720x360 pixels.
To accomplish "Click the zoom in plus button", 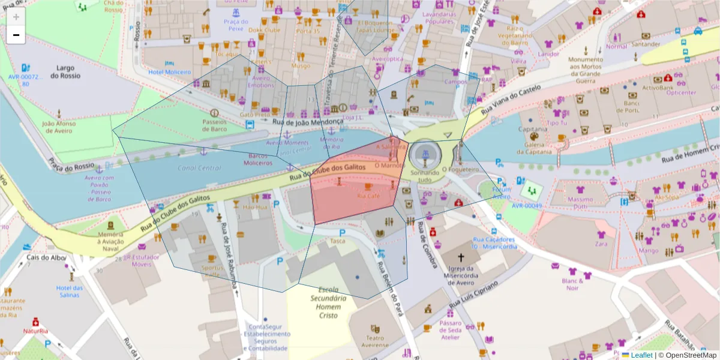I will (16, 17).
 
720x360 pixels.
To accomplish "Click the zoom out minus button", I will (16, 35).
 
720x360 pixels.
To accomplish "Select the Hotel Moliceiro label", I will (169, 72).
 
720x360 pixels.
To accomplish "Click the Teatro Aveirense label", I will (375, 341).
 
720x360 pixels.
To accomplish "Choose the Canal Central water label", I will (199, 168).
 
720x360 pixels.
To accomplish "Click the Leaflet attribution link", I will (641, 355).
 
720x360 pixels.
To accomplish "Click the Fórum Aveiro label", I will (501, 193).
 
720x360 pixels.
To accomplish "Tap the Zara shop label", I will (601, 244).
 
